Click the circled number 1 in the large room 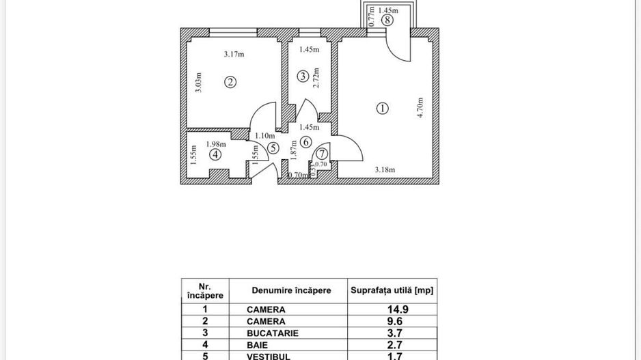click(382, 107)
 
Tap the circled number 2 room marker click(231, 82)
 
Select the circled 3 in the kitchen click(303, 77)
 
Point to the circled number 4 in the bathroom click(216, 154)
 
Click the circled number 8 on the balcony click(387, 20)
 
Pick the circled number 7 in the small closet click(321, 155)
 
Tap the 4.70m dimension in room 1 click(421, 107)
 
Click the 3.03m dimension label click(198, 82)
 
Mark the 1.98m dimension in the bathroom click(216, 143)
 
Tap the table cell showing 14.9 click(392, 309)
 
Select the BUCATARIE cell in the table click(273, 333)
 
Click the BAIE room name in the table click(257, 344)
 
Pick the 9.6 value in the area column click(392, 321)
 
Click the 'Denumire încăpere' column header click(291, 290)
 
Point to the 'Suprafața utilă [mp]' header click(392, 290)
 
